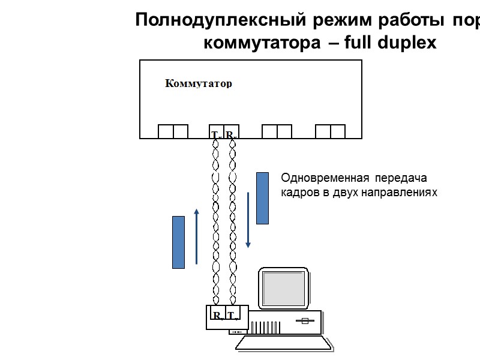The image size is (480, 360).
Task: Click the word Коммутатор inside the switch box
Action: [x=198, y=84]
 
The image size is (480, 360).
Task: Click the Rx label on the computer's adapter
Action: [x=217, y=316]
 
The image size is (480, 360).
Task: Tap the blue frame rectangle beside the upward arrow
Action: [x=178, y=242]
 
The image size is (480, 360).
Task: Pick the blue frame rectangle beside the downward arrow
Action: [x=262, y=198]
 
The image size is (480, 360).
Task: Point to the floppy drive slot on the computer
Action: [x=304, y=320]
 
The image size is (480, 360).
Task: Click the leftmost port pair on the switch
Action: [x=173, y=131]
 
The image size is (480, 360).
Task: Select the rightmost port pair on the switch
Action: [x=330, y=131]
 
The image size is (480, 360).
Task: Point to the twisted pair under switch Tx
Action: [x=216, y=222]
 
